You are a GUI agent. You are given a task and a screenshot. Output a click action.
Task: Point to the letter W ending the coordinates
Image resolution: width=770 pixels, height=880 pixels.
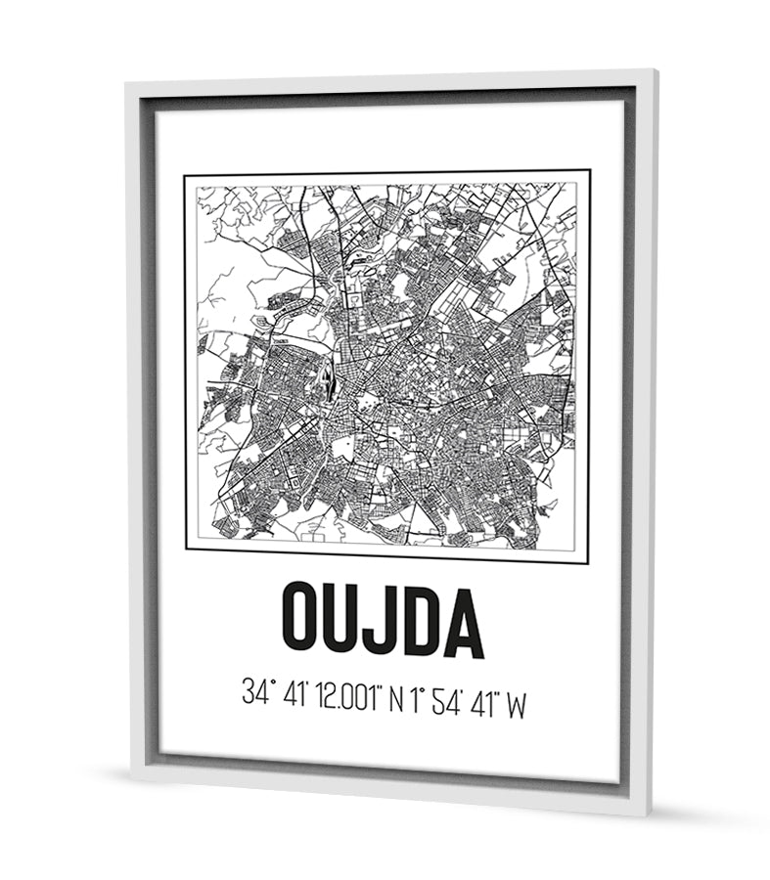tap(517, 703)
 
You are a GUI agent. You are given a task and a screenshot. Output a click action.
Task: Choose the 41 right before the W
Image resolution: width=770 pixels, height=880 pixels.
tap(482, 700)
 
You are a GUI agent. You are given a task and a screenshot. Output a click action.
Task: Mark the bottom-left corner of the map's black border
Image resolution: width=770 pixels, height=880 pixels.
tap(186, 549)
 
